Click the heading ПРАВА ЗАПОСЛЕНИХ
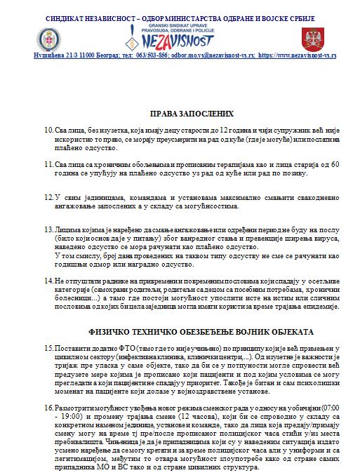[191, 113]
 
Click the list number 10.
[48, 131]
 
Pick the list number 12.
[48, 198]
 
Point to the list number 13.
[48, 230]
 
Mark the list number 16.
[48, 408]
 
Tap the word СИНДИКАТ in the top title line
[69, 16]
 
